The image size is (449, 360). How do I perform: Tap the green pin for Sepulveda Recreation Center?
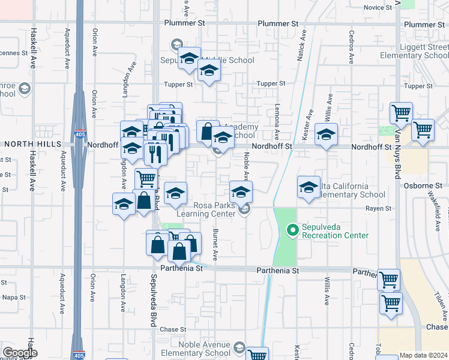tap(293, 229)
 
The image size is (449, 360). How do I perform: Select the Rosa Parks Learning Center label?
tap(206, 209)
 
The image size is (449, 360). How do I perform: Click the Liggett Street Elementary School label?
tap(415, 51)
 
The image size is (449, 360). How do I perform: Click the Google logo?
tap(20, 353)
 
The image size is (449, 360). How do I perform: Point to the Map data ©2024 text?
tap(423, 355)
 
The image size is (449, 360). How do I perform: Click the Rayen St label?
tap(379, 209)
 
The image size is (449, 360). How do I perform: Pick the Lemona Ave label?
tap(277, 126)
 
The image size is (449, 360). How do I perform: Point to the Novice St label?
tap(378, 7)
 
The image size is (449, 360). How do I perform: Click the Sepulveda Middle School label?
tap(207, 60)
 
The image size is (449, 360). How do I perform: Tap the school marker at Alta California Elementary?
tap(309, 187)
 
